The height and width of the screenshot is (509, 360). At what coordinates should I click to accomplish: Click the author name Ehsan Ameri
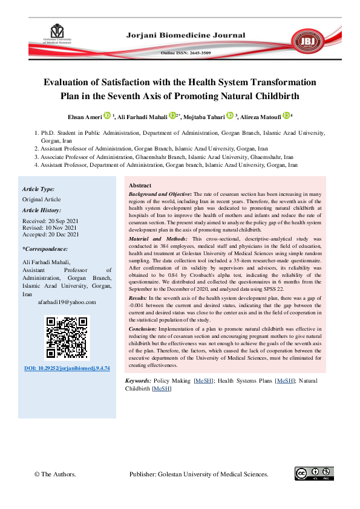[x=85, y=116]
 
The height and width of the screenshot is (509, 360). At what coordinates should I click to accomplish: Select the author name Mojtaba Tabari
[x=206, y=116]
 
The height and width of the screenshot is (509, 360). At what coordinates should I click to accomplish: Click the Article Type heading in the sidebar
[x=38, y=189]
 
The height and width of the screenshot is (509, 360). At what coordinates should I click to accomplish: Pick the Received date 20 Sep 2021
[x=51, y=221]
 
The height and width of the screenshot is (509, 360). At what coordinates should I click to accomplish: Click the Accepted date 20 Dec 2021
[x=51, y=235]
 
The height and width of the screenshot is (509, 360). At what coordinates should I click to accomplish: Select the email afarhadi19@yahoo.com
[x=67, y=302]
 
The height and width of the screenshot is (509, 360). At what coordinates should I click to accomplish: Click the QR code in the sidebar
[x=67, y=337]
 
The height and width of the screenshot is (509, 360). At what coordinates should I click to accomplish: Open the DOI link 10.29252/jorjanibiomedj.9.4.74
[x=67, y=368]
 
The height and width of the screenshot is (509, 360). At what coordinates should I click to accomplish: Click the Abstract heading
[x=140, y=185]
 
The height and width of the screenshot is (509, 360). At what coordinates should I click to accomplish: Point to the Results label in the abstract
[x=138, y=299]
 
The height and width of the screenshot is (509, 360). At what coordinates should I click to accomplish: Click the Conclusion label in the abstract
[x=143, y=328]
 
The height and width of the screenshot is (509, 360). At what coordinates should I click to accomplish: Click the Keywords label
[x=138, y=381]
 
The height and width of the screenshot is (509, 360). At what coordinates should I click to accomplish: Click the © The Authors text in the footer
[x=56, y=475]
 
